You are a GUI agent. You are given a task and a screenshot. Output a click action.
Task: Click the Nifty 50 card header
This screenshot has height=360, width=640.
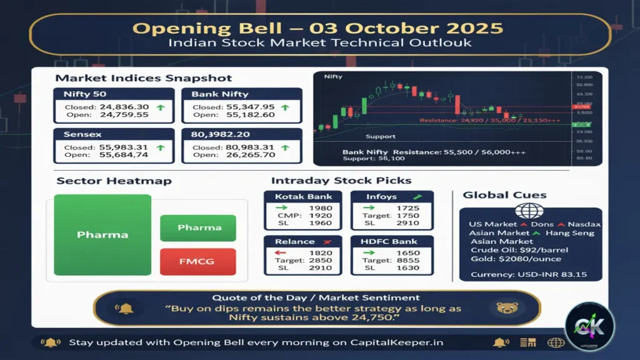tap(85, 94)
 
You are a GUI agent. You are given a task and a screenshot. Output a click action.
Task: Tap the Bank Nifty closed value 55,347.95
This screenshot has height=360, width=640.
tap(251, 107)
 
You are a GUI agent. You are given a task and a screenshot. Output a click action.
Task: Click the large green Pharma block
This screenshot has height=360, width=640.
tap(102, 235)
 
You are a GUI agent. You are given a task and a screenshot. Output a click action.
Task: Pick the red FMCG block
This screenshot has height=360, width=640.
tap(198, 261)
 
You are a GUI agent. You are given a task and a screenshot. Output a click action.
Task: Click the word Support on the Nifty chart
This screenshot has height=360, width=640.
tap(380, 136)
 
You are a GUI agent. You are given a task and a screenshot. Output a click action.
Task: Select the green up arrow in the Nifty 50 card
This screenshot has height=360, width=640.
tap(160, 108)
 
